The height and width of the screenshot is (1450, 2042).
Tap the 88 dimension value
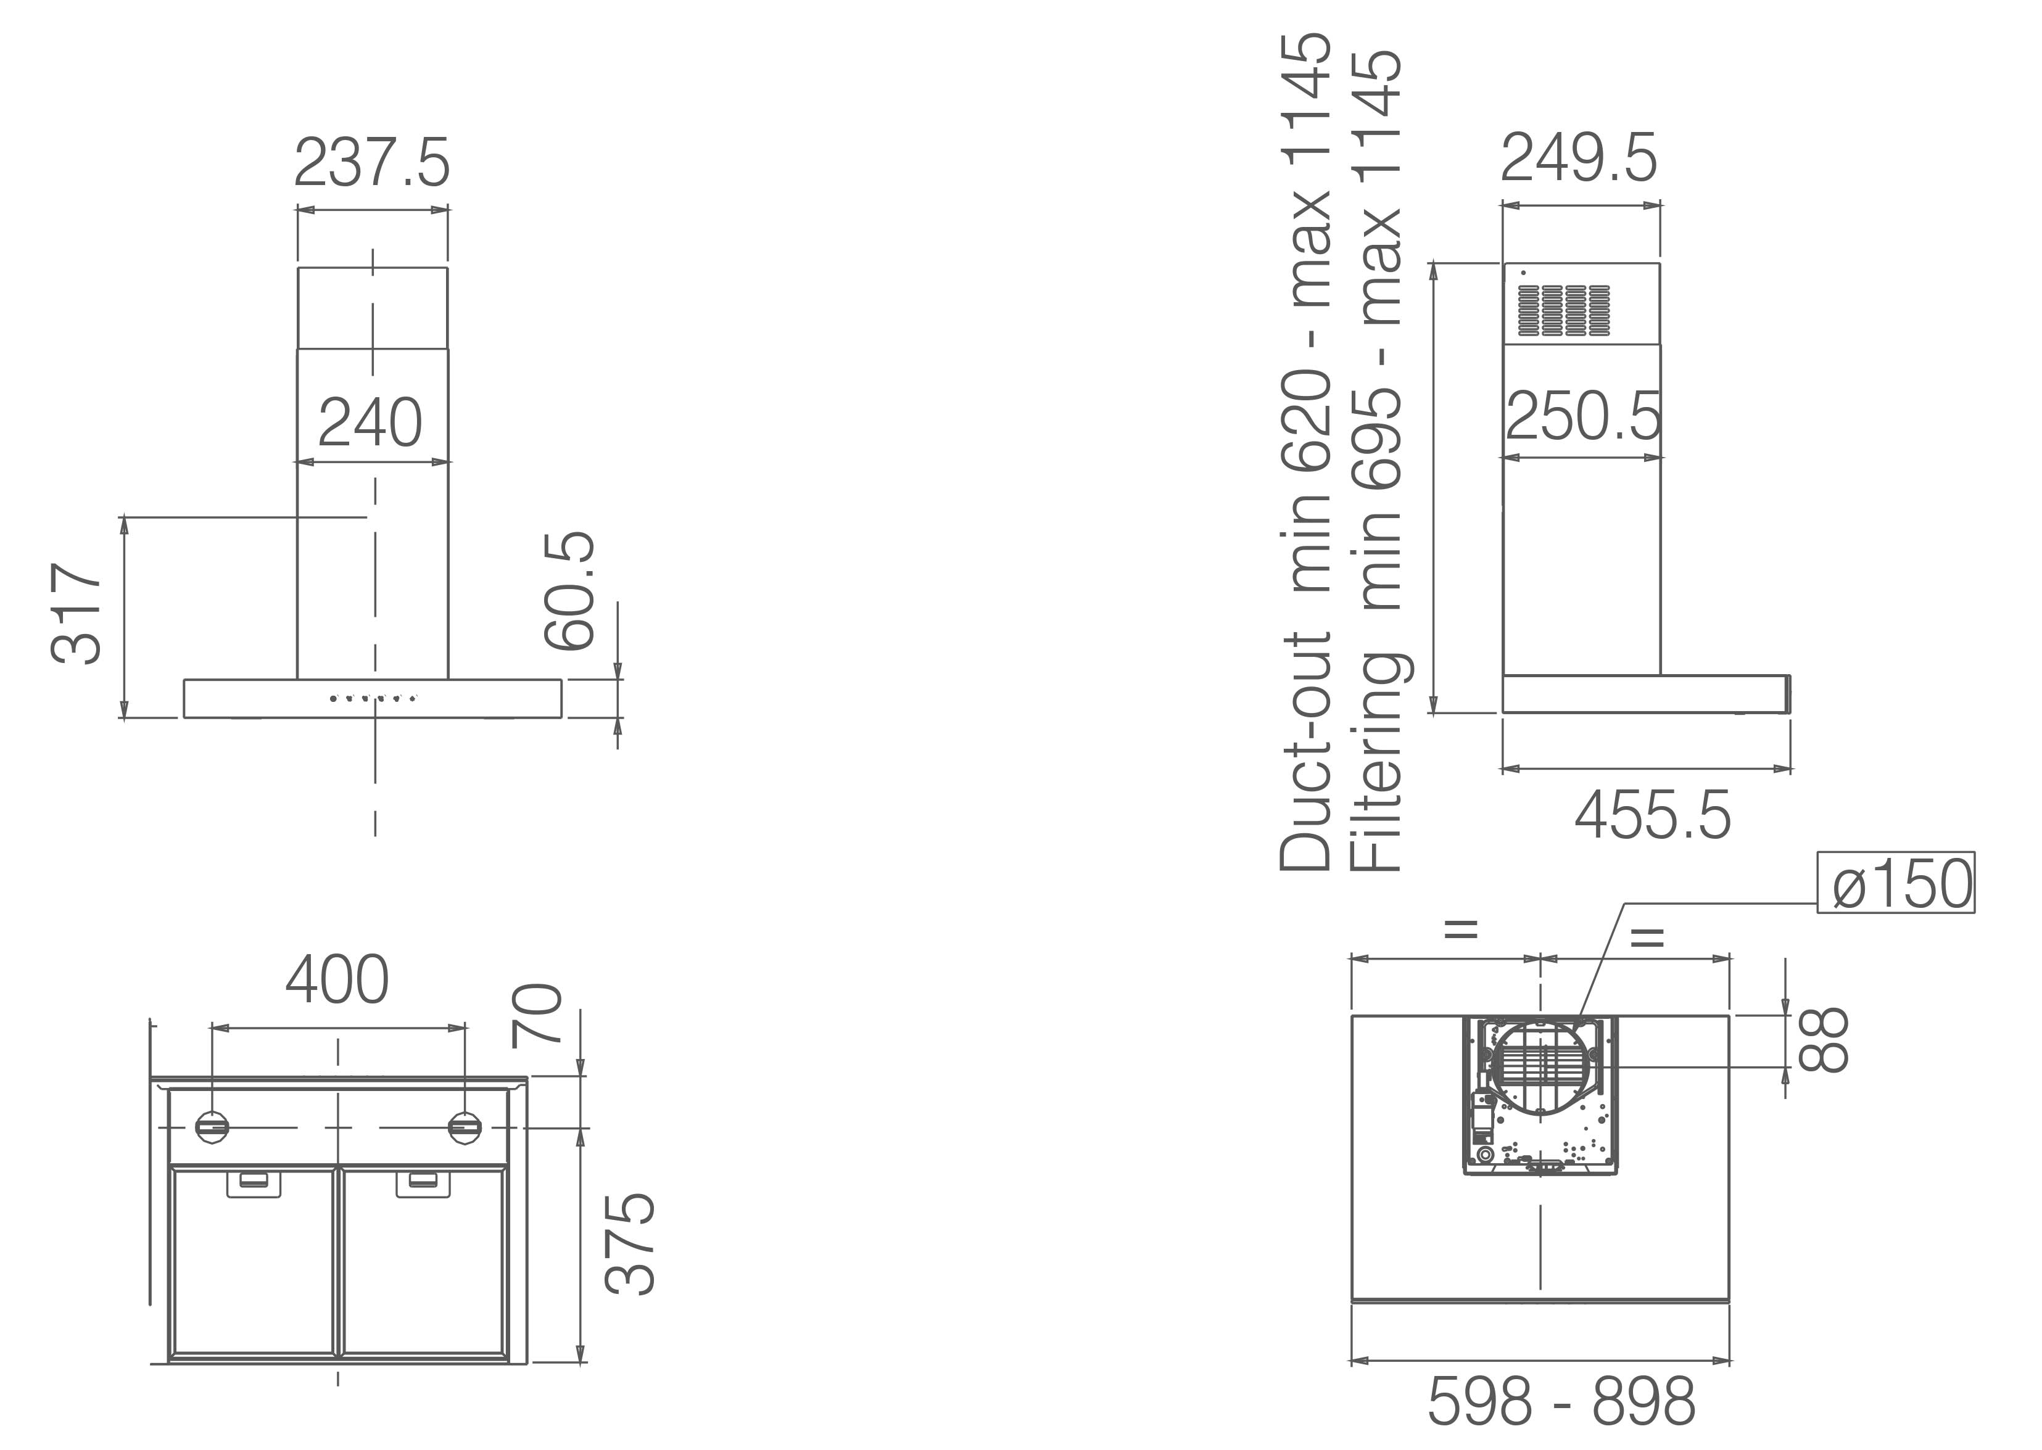tap(1822, 1040)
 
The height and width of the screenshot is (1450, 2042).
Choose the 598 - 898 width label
tap(1561, 1402)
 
